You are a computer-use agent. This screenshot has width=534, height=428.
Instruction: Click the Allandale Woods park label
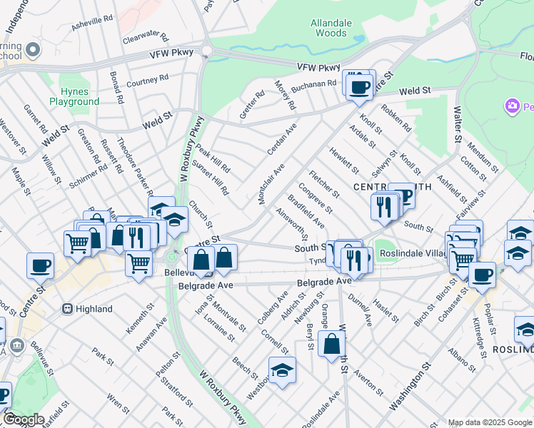(331, 28)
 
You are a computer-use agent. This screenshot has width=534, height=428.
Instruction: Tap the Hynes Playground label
(74, 96)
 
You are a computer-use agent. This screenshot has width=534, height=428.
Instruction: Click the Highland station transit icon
(68, 309)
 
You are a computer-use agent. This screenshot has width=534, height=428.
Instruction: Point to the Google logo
(24, 419)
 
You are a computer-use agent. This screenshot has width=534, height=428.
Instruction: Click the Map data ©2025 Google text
(490, 422)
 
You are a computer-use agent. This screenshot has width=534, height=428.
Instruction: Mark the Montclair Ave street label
(271, 183)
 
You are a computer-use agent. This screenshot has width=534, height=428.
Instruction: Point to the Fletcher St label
(324, 185)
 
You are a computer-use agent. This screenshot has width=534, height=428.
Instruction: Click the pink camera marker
(512, 107)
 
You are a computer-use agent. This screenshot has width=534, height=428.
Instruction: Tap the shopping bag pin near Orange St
(332, 345)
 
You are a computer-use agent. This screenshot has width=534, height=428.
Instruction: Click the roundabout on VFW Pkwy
(207, 51)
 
